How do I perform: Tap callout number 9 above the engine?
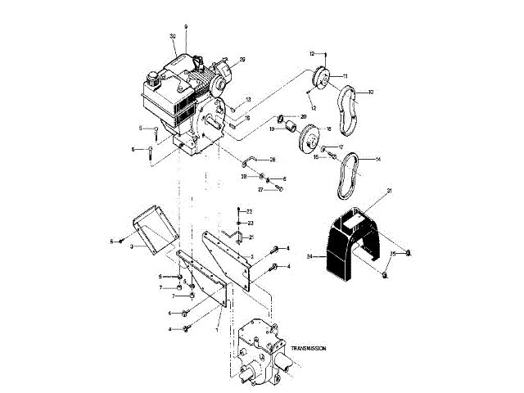186,26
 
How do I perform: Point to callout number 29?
242,59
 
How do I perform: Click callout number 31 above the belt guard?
390,191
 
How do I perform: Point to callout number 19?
270,129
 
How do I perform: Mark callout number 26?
273,159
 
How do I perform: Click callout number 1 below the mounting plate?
216,329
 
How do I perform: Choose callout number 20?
303,117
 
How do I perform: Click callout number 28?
244,176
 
